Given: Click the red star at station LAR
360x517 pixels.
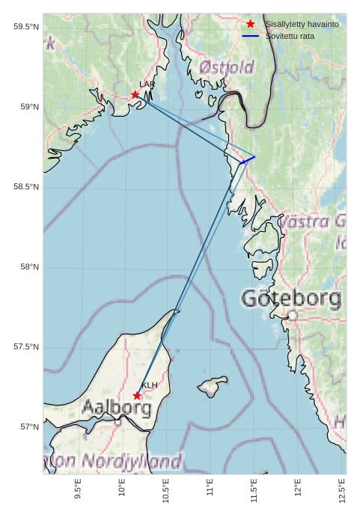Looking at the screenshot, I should coord(135,95).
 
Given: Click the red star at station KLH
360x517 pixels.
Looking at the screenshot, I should coord(137,396).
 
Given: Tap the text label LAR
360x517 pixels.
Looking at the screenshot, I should coord(147,85).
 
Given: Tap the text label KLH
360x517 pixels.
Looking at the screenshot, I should coord(150,385).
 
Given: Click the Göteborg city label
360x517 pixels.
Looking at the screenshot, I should coord(291,299).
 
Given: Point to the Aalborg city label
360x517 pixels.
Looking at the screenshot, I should coord(116,409).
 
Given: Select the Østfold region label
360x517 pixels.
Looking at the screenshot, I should coord(226,67).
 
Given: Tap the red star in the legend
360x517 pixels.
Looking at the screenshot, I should coord(251,25).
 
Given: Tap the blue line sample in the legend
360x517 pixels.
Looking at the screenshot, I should coord(251,36).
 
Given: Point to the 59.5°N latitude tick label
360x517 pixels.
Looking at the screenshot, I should coord(26,27).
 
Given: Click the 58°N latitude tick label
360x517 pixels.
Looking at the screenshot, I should coord(29,267).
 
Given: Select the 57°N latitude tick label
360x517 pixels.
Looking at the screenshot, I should coord(29,427).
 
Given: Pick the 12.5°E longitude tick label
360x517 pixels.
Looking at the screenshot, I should coord(342,488).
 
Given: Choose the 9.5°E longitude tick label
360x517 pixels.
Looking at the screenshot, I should coord(78,489).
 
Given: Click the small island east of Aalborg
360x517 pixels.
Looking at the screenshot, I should coord(213,386).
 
